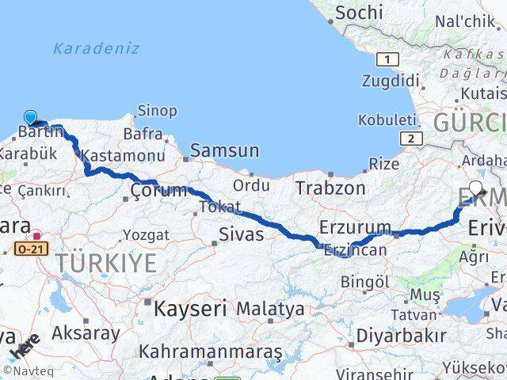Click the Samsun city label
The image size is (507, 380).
[224, 150]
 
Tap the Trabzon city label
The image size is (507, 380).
[330, 188]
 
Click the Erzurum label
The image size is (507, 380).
[355, 227]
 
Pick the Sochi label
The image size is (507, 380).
[359, 13]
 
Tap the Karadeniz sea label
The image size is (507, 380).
[96, 48]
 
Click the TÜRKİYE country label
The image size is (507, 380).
[111, 264]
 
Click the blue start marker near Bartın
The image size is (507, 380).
[30, 118]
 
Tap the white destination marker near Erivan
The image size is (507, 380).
[476, 188]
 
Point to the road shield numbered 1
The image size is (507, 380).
[388, 59]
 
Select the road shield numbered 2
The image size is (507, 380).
[411, 139]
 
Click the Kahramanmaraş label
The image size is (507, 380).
[211, 351]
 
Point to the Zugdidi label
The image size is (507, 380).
[390, 81]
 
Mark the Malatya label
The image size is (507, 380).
[270, 308]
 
